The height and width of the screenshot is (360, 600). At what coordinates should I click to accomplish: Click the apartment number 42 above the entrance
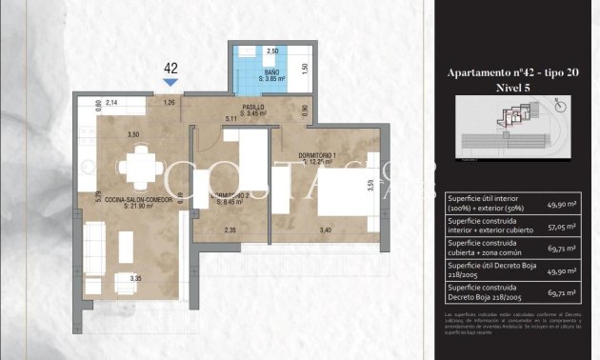click(172, 68)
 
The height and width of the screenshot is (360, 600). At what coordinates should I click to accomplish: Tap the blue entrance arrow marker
click(172, 83)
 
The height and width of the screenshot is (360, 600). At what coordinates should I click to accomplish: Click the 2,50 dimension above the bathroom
click(271, 50)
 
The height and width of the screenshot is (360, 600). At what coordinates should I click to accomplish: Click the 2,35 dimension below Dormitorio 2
click(230, 230)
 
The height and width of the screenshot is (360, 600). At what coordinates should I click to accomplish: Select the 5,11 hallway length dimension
click(230, 119)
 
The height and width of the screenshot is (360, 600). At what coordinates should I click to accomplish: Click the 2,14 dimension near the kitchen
click(111, 102)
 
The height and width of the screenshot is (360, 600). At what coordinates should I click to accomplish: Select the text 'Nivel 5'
click(515, 87)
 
